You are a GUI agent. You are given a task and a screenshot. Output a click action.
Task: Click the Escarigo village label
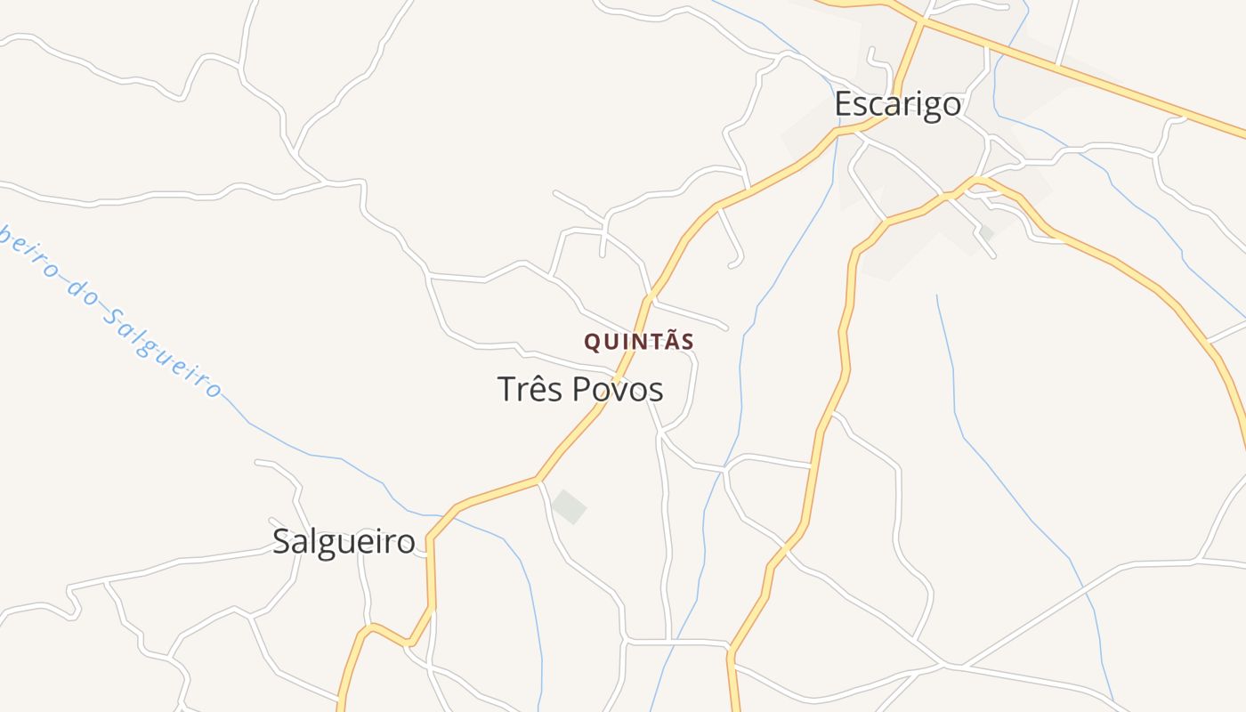pos(897,105)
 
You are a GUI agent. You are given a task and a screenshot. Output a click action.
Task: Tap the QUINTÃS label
pos(639,342)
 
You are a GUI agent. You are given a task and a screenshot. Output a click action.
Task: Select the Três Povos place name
pos(580,390)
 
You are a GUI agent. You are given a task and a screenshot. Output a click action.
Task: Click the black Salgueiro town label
pos(344,541)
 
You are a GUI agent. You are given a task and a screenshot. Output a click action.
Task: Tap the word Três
pos(529,390)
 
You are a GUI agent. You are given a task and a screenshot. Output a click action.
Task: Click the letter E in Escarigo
pos(843,105)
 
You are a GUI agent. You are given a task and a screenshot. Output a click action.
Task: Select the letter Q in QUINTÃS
pos(592,342)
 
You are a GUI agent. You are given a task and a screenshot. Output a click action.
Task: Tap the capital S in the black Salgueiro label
pos(281,541)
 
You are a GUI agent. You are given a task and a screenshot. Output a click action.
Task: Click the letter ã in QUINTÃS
pos(669,340)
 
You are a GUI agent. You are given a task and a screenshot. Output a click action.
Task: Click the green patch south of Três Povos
pos(569,506)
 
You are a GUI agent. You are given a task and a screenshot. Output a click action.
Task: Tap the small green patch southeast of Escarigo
pos(985,233)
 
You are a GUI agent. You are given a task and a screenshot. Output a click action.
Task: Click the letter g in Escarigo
pos(928,107)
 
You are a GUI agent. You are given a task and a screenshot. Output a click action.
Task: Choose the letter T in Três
pos(506,390)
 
